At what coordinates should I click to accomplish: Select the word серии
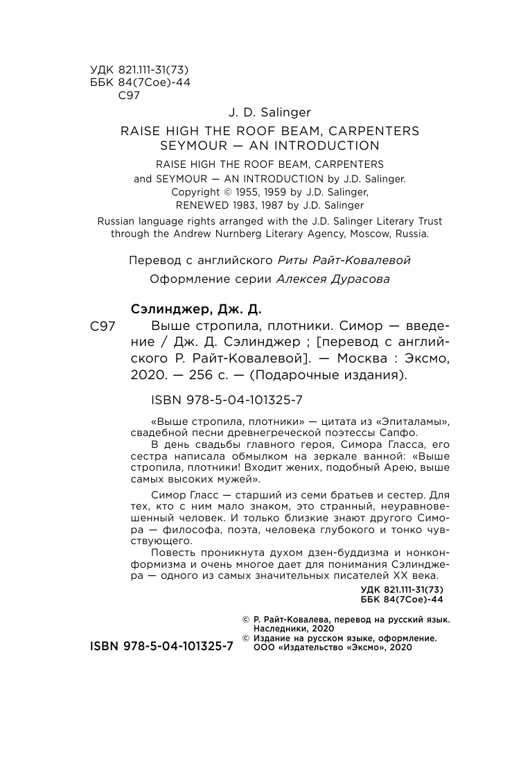tap(252, 279)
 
